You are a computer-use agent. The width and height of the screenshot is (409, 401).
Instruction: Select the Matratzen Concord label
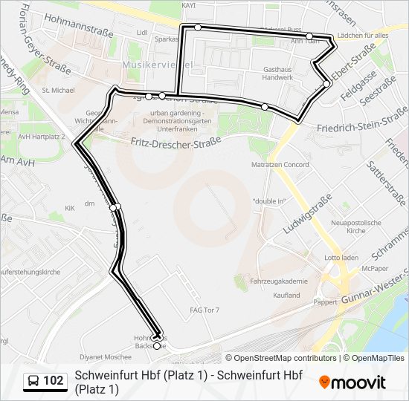tap(280, 164)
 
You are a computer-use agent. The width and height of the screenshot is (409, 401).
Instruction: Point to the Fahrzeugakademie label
tap(280, 281)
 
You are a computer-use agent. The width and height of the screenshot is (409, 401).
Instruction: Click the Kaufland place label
tap(286, 295)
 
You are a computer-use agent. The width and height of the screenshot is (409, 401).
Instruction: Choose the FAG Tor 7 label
tap(204, 310)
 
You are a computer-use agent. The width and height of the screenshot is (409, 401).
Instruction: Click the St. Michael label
tap(59, 90)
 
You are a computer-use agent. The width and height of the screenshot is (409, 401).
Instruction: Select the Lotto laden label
tap(341, 258)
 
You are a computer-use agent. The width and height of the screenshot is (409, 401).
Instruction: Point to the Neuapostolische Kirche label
tap(356, 226)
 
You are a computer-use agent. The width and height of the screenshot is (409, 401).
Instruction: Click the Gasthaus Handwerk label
tap(277, 73)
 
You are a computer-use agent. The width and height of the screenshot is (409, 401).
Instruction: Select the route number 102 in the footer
tap(54, 381)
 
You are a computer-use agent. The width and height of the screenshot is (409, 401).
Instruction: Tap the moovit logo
tap(352, 382)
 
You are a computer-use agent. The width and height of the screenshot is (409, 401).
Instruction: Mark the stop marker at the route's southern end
tap(157, 345)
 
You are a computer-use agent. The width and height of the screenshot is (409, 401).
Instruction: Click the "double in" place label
tap(269, 201)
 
